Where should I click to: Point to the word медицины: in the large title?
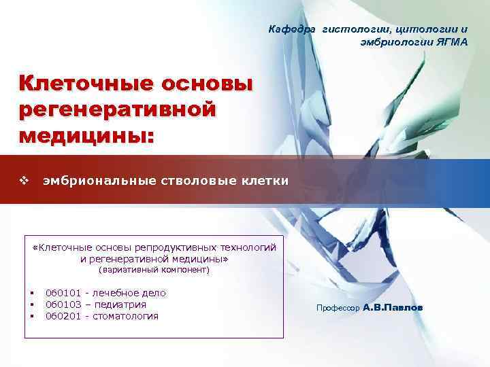tap(88, 134)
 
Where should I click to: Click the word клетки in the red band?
tap(266, 181)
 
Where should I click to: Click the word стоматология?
tap(125, 316)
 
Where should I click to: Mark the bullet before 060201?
tap(32, 316)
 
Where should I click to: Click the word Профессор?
tap(338, 309)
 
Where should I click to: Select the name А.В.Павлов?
tap(393, 308)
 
